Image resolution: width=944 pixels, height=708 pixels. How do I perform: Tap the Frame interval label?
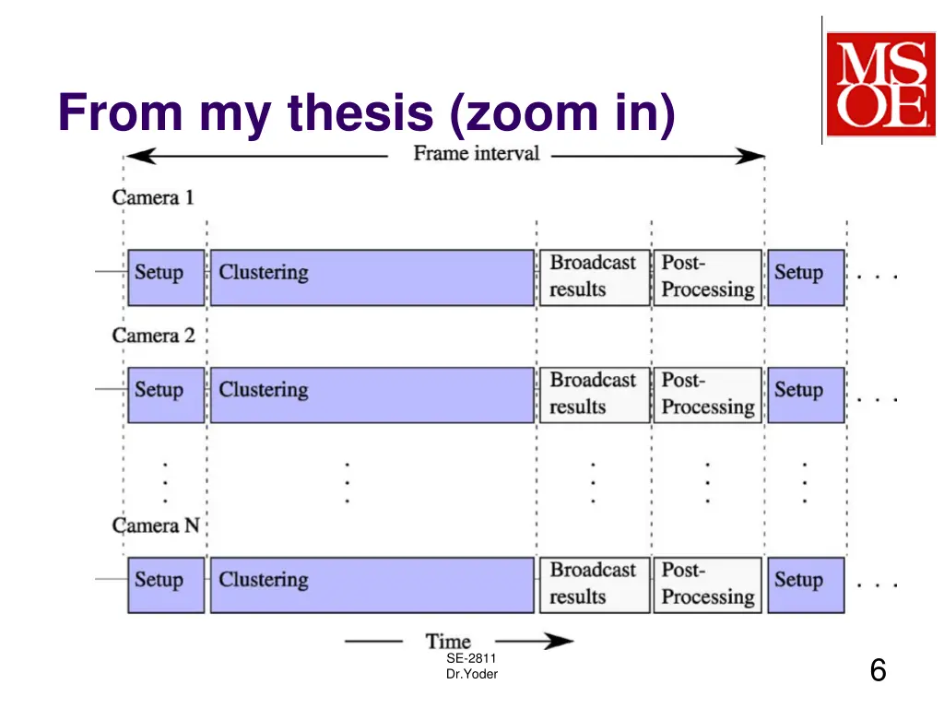pos(476,153)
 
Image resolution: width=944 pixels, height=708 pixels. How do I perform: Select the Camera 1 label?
pos(153,197)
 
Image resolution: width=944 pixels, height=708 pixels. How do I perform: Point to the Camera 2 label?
pos(153,336)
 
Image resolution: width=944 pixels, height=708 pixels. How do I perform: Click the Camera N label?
pos(156,525)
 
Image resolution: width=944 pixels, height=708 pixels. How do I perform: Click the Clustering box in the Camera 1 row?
pos(372,277)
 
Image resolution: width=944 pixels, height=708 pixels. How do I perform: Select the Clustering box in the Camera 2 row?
pos(372,395)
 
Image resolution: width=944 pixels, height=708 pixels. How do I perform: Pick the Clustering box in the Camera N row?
pos(372,584)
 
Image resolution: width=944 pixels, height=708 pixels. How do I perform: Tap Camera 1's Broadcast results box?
pos(594,277)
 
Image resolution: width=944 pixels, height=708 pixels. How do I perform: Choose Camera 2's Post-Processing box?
pos(707,395)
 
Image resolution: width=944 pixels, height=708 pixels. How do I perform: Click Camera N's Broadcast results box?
pos(594,584)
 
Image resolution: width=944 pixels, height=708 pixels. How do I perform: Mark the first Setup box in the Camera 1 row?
pos(166,277)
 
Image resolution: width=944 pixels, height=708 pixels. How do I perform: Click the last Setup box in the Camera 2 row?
pos(806,395)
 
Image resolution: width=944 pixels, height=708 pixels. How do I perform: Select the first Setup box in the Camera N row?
pos(166,584)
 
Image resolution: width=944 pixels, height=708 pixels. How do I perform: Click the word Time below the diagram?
pos(449,641)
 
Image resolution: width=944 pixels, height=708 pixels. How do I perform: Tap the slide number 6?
pos(878,670)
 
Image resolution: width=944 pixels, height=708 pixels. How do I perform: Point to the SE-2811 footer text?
pos(471,658)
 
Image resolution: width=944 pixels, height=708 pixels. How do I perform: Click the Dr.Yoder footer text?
pos(471,674)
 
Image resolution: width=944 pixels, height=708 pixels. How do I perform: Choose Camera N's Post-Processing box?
pos(707,584)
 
